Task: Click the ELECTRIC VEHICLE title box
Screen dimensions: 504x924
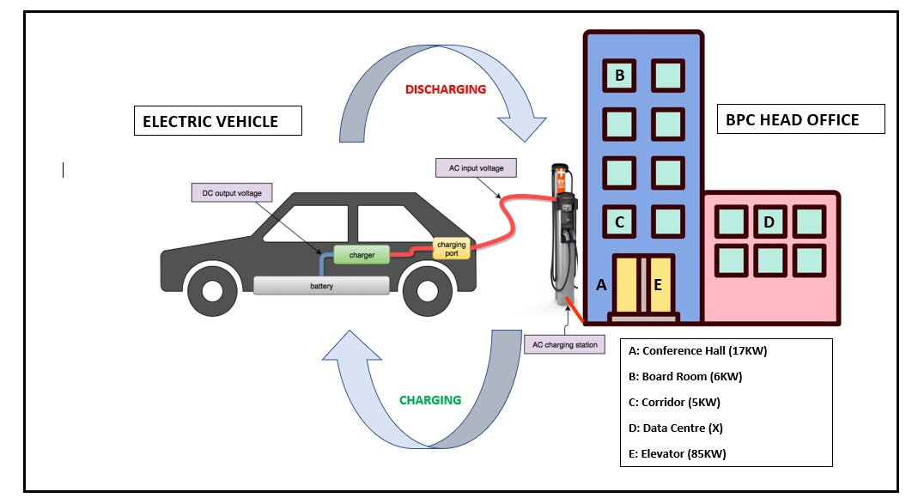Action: click(x=218, y=121)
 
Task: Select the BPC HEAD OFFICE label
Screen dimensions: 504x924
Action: click(x=800, y=119)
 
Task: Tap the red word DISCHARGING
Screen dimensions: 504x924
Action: click(x=446, y=89)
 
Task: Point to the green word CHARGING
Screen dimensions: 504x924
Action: click(x=430, y=400)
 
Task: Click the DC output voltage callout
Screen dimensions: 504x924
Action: click(x=232, y=193)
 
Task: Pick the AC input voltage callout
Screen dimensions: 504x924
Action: click(x=476, y=168)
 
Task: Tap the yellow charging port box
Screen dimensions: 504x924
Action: click(x=451, y=249)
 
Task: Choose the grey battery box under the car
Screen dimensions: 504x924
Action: click(x=322, y=286)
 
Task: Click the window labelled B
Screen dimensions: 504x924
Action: click(x=620, y=76)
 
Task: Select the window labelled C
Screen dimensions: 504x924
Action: click(x=620, y=222)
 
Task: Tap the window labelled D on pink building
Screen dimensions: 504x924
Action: click(x=769, y=222)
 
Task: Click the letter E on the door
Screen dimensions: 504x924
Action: click(x=658, y=285)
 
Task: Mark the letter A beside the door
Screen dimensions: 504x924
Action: click(x=601, y=285)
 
